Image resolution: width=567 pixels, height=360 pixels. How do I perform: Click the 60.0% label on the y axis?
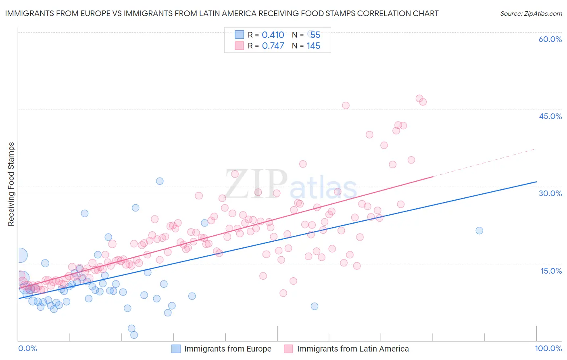(550, 39)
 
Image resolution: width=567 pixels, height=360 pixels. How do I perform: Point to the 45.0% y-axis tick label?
(550, 116)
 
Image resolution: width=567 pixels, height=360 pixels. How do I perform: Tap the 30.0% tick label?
(550, 193)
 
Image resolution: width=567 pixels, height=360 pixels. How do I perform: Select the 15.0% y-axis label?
(551, 271)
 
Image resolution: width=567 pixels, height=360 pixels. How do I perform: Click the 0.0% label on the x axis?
(27, 348)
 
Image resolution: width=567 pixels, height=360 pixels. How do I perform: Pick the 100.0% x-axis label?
(548, 348)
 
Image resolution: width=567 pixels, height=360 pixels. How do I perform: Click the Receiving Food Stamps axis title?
(11, 184)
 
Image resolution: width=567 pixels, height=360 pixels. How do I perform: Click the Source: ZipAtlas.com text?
(531, 13)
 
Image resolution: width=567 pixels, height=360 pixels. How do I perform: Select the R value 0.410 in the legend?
(273, 35)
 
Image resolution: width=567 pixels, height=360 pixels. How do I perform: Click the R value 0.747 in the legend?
(273, 46)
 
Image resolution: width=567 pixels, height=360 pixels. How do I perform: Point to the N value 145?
(313, 46)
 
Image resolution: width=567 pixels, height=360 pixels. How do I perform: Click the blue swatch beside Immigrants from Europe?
(176, 349)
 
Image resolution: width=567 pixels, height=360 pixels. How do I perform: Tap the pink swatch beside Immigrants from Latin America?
(288, 349)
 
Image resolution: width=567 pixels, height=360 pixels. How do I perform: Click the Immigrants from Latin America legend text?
(353, 349)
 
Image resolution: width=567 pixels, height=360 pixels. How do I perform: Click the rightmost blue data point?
(479, 230)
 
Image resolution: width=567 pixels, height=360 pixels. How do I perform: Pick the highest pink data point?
(419, 98)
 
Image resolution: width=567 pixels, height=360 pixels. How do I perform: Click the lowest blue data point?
(134, 335)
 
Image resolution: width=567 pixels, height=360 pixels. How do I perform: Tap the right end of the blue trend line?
(536, 182)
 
